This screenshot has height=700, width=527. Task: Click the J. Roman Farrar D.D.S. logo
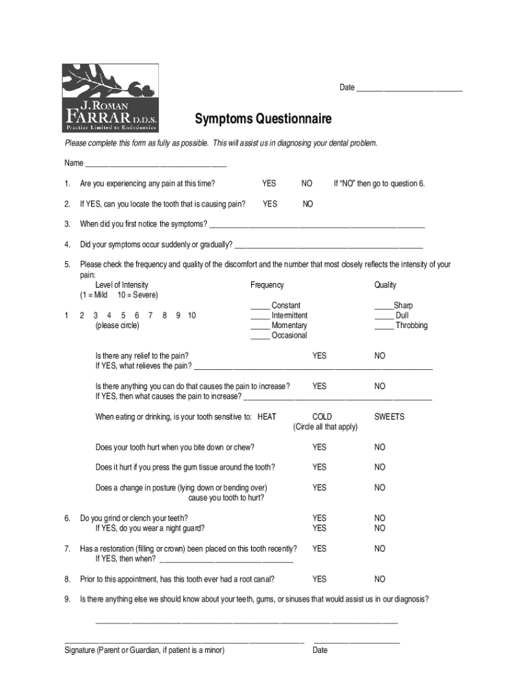[110, 98]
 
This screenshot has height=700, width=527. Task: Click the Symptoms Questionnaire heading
[263, 120]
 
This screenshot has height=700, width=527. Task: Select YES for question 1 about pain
[269, 183]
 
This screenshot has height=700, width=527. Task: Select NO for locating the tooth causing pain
[307, 204]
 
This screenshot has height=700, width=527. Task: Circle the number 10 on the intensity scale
[192, 315]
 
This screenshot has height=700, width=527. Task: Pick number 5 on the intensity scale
[123, 315]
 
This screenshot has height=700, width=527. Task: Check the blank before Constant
[260, 306]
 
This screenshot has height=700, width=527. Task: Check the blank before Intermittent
[260, 316]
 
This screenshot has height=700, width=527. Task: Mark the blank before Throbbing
[383, 326]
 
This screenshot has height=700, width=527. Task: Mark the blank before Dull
[383, 316]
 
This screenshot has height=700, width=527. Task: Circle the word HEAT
[267, 417]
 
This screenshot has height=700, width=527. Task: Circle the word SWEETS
[389, 417]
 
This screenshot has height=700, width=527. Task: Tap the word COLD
[322, 417]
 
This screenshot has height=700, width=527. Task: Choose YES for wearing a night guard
[319, 528]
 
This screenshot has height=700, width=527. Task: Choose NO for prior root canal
[380, 580]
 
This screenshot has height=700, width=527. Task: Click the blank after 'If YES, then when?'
[225, 560]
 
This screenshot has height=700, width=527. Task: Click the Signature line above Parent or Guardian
[183, 641]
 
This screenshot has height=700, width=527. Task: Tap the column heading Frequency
[267, 285]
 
